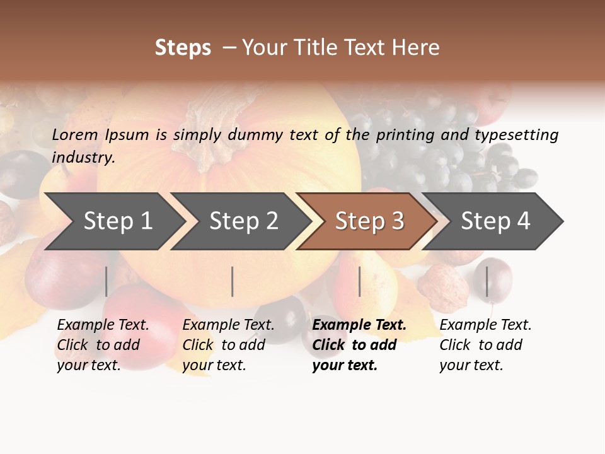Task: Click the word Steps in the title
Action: coord(183,48)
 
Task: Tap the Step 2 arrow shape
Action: coord(243,221)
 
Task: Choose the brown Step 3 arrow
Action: coord(369,221)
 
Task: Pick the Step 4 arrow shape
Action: coord(495,221)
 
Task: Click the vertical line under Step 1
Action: coord(107,281)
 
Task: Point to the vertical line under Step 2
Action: coord(233,281)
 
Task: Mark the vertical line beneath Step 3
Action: coord(359,281)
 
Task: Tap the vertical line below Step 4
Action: coord(487,281)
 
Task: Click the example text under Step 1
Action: coord(102,345)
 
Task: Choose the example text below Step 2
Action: coord(228,345)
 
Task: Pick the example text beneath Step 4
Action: coord(485,345)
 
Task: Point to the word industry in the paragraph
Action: coord(83,158)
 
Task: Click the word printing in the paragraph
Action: coord(403,135)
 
